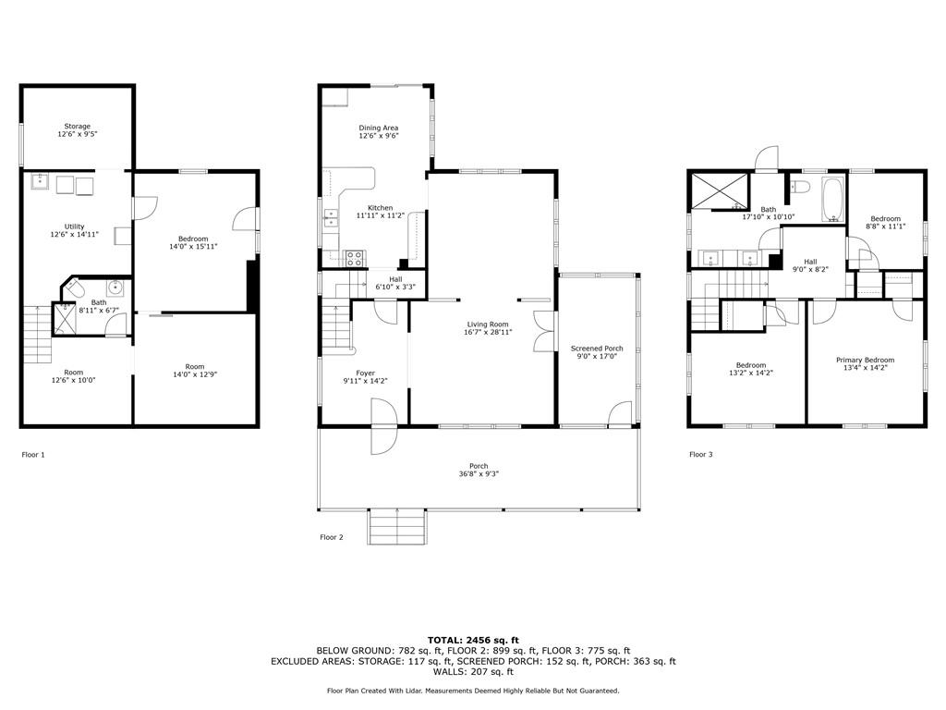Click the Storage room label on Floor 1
point(78,127)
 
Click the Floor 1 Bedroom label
point(193,239)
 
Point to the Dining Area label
point(379,129)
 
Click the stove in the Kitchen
point(355,257)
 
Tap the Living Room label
point(489,324)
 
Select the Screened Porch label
point(597,349)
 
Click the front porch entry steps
point(398,526)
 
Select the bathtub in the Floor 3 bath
point(833,201)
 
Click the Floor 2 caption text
point(332,537)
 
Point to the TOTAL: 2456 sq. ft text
point(473,640)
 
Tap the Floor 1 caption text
point(32,455)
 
